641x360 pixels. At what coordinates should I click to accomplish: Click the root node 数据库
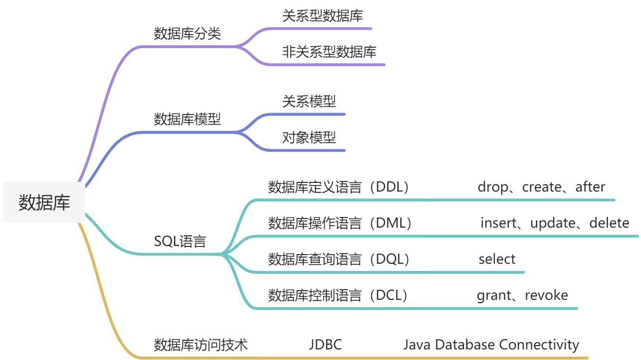(x=44, y=202)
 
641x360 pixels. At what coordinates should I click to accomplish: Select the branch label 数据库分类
(x=187, y=34)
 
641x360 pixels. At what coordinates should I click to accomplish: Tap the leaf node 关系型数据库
(x=322, y=16)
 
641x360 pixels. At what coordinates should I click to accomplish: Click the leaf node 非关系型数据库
(x=329, y=51)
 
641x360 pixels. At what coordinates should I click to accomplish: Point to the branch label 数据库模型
(x=187, y=119)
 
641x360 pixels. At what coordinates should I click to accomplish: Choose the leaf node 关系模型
(x=309, y=102)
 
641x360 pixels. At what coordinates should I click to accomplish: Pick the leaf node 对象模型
(x=309, y=138)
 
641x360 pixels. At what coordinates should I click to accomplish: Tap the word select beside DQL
(x=497, y=259)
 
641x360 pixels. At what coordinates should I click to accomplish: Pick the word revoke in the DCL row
(x=546, y=295)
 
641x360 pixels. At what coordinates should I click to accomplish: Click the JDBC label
(x=325, y=345)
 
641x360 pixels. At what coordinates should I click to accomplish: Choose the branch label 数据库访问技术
(x=201, y=345)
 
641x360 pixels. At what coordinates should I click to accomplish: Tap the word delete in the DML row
(x=609, y=223)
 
